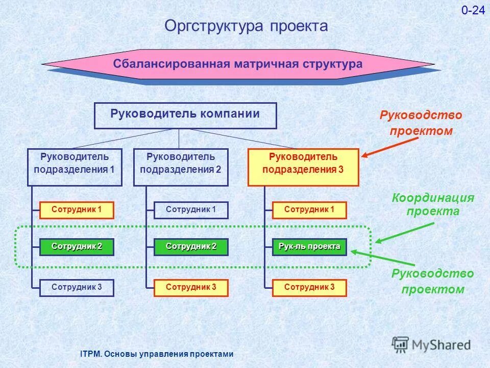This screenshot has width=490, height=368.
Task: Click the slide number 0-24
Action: (473, 11)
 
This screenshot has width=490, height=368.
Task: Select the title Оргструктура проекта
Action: (246, 26)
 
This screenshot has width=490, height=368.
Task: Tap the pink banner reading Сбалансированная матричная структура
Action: (238, 64)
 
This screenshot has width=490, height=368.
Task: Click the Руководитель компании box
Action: (185, 115)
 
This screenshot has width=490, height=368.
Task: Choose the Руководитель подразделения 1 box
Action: (75, 167)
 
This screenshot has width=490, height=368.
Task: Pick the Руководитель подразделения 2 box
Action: (181, 167)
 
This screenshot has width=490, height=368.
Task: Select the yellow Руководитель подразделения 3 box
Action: (303, 167)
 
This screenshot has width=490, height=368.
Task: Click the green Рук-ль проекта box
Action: (309, 247)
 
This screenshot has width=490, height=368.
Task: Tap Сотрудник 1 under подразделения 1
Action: (77, 210)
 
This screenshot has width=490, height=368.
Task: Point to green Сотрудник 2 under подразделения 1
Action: (77, 247)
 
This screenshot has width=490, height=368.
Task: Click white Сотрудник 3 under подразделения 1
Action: (77, 288)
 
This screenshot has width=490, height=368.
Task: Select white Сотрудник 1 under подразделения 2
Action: (191, 210)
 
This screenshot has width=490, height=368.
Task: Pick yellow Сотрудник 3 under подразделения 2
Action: (191, 288)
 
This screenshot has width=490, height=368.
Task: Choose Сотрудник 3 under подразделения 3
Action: (309, 288)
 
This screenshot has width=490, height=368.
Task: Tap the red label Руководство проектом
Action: (421, 123)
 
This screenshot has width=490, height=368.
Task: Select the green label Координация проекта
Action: (433, 204)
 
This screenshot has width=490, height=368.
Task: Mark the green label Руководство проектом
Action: (433, 282)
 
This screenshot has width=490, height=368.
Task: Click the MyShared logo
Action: (431, 344)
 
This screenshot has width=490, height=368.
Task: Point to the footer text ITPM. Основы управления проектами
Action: (157, 354)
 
